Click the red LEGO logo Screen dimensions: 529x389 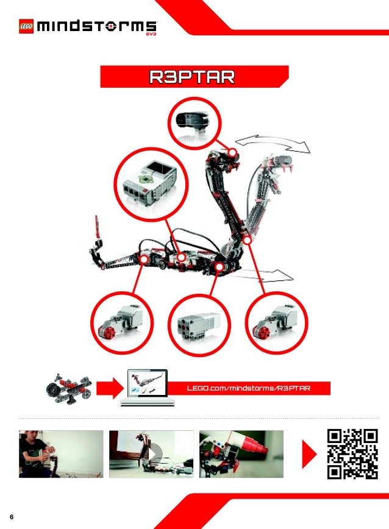point(26,26)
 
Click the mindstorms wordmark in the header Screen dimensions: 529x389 point(96,27)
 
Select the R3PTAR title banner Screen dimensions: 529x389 point(193,78)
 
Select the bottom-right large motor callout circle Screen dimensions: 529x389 point(274,321)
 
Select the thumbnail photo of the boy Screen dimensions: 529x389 point(61,454)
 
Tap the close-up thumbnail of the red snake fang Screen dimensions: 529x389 point(241,454)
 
